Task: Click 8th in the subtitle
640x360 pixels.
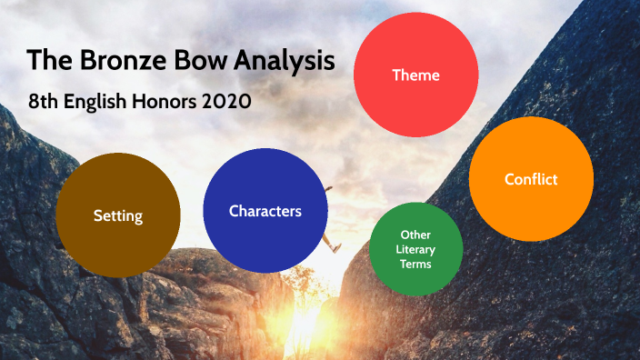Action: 42,101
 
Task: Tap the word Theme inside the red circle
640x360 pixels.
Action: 415,75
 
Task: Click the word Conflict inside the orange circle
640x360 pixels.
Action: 531,179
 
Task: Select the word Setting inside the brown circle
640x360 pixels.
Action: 118,215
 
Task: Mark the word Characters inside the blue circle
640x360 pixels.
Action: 265,211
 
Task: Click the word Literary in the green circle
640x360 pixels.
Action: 415,249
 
